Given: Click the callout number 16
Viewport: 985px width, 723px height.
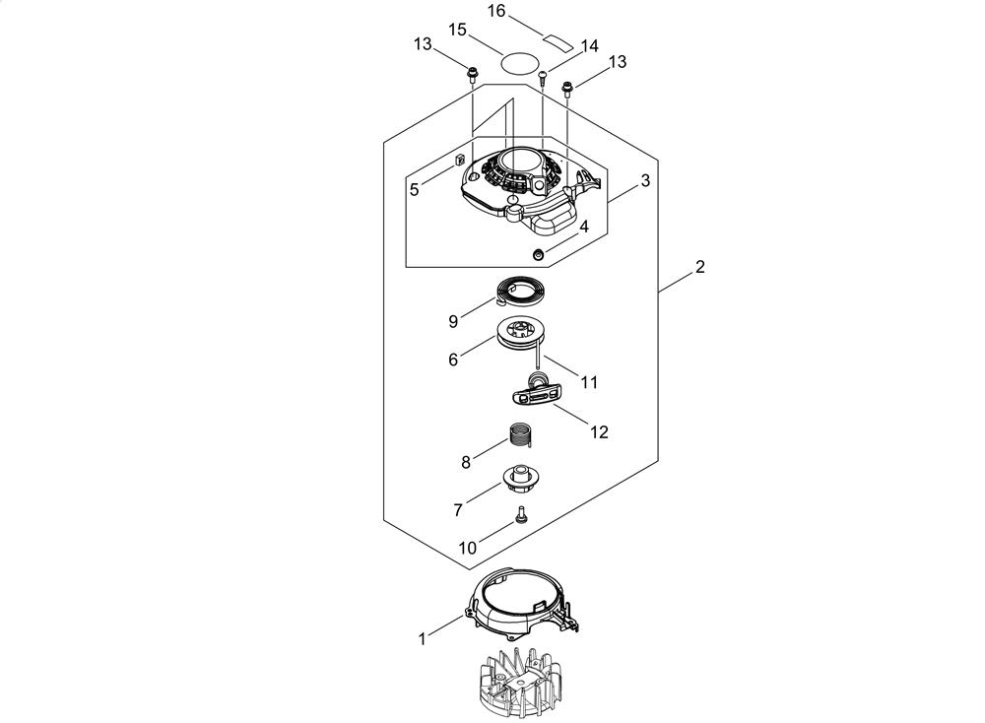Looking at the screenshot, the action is (x=496, y=11).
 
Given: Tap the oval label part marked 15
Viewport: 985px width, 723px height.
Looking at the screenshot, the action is (x=521, y=63).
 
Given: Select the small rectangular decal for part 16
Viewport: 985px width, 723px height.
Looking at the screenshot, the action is (x=558, y=40).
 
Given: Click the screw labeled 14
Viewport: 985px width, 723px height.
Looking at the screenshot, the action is (x=543, y=77).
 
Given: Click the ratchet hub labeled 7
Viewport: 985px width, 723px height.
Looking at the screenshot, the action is (x=521, y=480).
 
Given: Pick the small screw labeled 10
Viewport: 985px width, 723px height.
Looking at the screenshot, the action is (x=521, y=514).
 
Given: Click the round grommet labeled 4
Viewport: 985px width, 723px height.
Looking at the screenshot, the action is (x=538, y=254).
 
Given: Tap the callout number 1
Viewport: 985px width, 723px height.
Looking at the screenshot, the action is (x=423, y=639).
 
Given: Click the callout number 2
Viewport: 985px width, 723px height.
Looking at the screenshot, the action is (x=699, y=266).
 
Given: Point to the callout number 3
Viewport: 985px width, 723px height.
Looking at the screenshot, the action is (x=645, y=181).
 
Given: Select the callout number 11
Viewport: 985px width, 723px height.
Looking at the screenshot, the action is (x=589, y=382).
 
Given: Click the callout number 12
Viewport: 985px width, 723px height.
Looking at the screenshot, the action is (x=599, y=432).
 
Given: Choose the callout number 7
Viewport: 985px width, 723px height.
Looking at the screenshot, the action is (x=457, y=510).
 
